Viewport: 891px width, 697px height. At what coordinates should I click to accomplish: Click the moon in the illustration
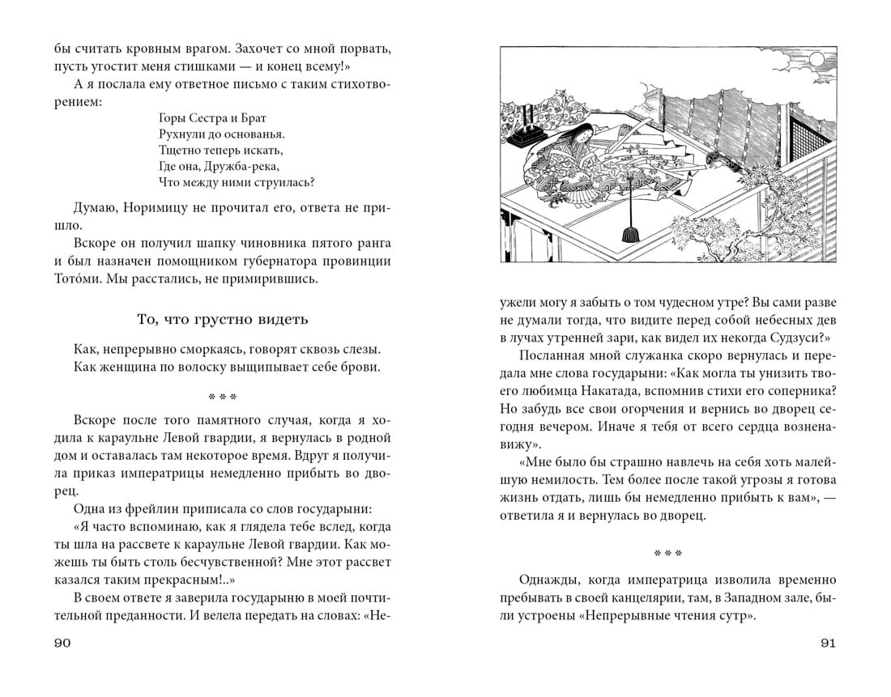(x=816, y=59)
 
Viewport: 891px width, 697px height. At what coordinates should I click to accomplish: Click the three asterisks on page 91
(x=667, y=554)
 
